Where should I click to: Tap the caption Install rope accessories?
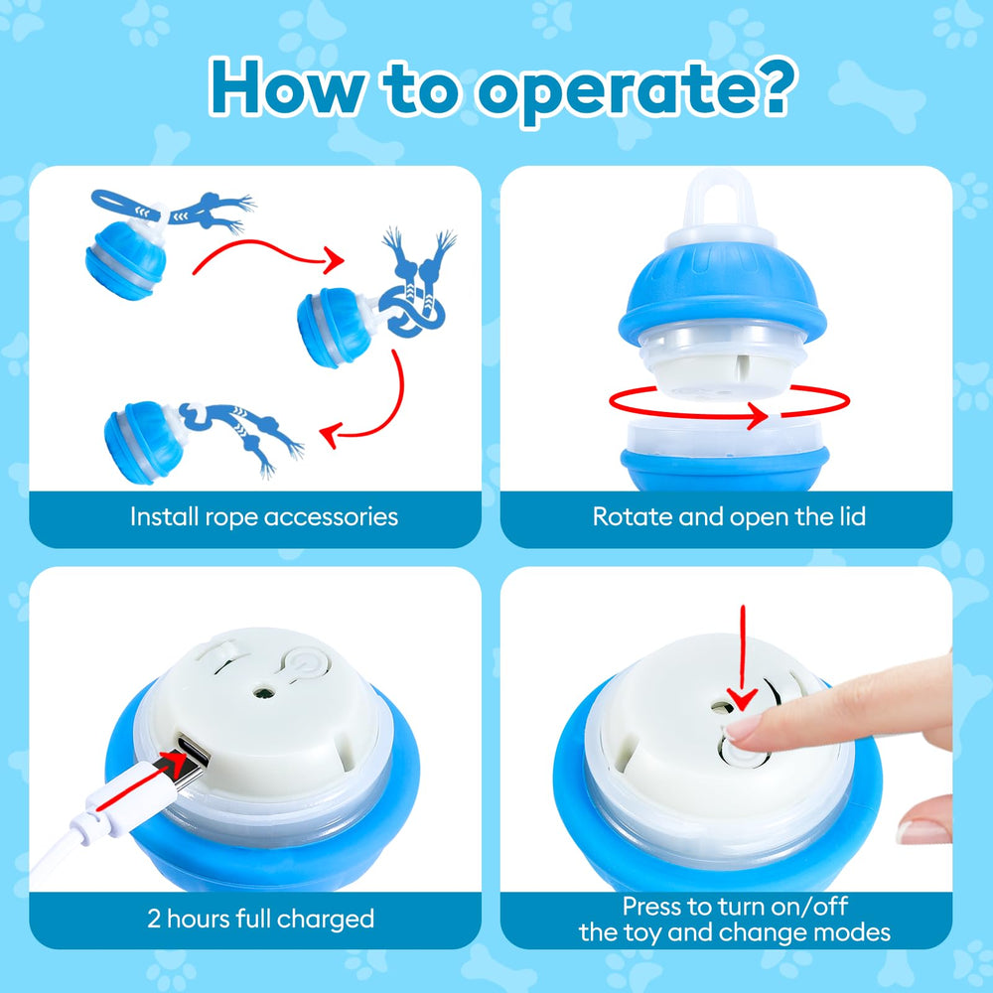point(264,516)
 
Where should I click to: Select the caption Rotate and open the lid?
point(729,516)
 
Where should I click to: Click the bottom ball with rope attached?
point(145,441)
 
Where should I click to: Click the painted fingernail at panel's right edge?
point(923,830)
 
